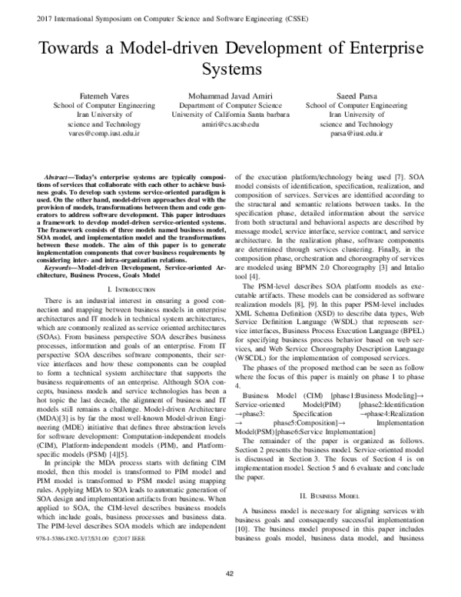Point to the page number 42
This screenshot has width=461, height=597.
tap(230, 574)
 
